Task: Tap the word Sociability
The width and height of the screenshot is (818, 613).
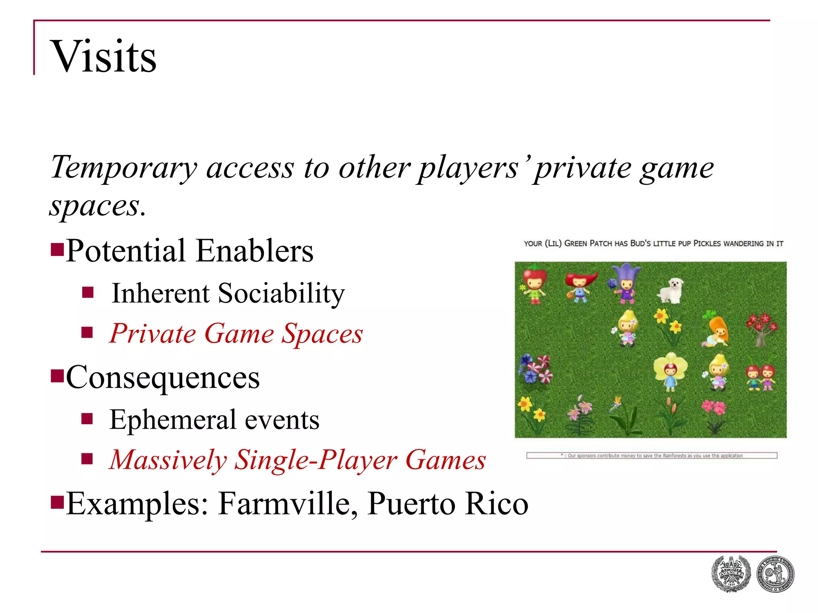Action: (281, 293)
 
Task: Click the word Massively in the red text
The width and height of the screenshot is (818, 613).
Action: (168, 460)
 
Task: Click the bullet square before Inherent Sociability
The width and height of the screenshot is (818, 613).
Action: (87, 293)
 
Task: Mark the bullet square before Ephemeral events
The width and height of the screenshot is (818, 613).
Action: (87, 419)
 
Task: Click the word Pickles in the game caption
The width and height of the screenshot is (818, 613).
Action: (707, 243)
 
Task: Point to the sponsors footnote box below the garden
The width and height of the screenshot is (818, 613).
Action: (651, 455)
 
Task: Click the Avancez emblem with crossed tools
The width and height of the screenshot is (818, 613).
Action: (731, 574)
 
